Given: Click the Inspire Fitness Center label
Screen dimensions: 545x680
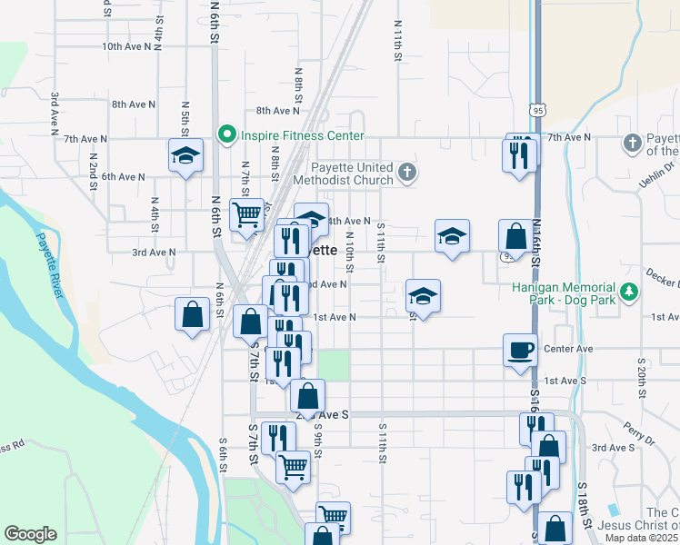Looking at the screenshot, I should pos(303,136).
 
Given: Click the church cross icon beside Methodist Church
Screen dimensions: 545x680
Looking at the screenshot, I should pos(409,170).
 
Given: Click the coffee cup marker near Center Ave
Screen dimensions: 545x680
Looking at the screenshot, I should pos(521,350).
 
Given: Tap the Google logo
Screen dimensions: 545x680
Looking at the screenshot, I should pos(31,534).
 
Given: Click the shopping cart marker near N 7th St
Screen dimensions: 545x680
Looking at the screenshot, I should pos(247,215).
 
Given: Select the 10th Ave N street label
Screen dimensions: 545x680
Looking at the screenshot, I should pos(125,45).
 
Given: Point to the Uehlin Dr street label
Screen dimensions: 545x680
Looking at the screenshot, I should pos(656,171).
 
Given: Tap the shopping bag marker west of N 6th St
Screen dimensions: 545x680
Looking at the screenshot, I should pos(193,315).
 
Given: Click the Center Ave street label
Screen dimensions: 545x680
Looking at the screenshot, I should pos(568,349).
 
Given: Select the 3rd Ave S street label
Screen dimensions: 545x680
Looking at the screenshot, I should pos(613,448).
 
